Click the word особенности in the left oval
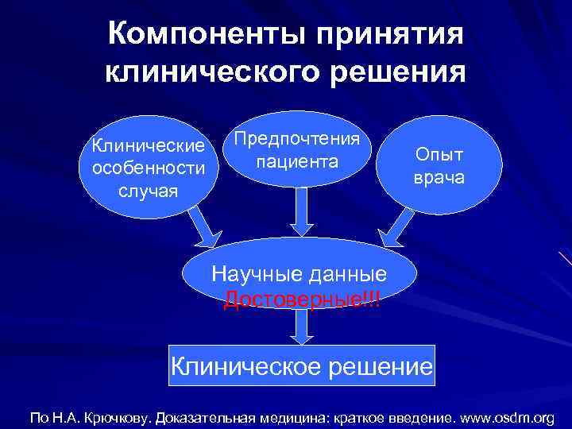tap(149, 168)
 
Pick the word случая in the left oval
tap(149, 191)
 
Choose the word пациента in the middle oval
tap(297, 162)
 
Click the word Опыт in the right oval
tap(439, 156)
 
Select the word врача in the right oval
tap(439, 180)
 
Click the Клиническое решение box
tap(303, 365)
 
